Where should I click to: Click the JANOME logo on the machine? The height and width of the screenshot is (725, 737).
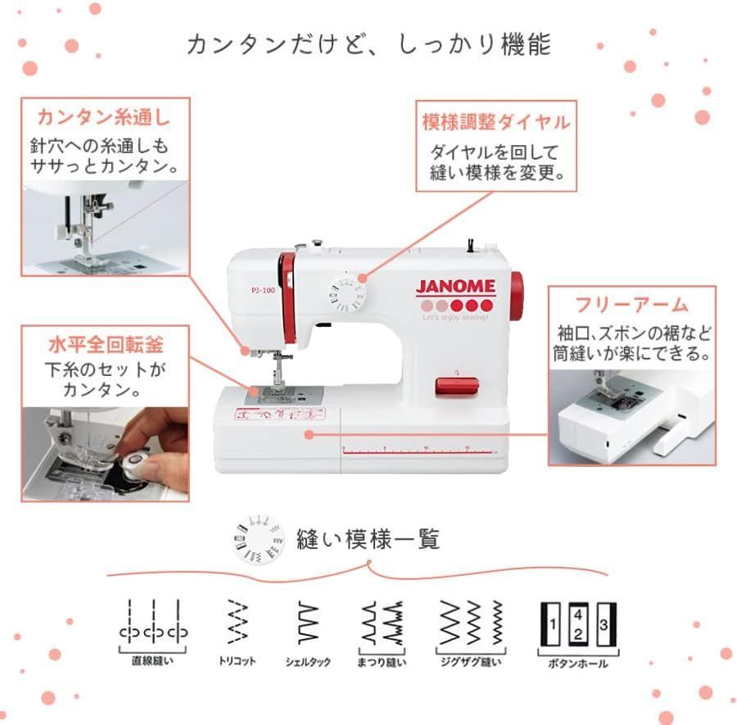[x=456, y=287]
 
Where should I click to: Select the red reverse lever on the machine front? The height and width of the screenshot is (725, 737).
[x=454, y=385]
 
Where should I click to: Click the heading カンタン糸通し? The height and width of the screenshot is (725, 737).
[x=104, y=116]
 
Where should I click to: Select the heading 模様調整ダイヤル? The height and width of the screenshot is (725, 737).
[x=495, y=122]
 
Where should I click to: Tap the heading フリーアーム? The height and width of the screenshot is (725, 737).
[x=631, y=306]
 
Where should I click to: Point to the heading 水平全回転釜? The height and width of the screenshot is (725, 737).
[x=104, y=341]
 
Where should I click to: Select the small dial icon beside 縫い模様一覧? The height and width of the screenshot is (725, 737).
[x=259, y=540]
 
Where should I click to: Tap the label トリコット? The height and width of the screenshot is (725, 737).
[x=237, y=661]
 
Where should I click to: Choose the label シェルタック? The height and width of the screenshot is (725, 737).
[x=308, y=661]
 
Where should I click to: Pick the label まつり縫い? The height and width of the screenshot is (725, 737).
[x=382, y=661]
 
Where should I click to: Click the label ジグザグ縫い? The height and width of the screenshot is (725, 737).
[x=471, y=661]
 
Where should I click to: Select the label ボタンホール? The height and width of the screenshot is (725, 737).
[x=578, y=663]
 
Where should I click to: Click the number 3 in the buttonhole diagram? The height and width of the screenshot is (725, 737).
[x=604, y=624]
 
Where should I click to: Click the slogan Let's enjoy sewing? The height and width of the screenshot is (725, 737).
[x=456, y=316]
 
